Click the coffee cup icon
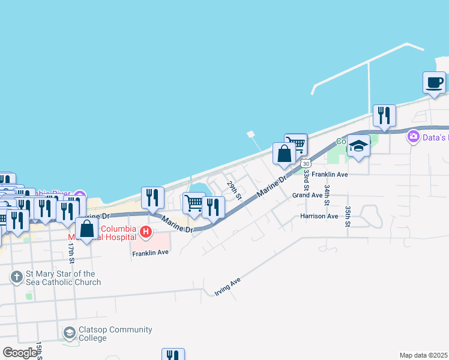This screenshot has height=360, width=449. click(x=434, y=83)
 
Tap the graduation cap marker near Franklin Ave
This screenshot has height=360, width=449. click(x=358, y=146)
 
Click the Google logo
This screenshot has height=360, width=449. click(x=20, y=353)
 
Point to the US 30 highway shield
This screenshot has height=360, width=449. click(x=306, y=163)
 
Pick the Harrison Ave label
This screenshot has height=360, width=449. click(x=319, y=216)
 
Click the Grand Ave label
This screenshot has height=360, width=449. click(x=307, y=195)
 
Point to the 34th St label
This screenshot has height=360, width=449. click(x=327, y=194)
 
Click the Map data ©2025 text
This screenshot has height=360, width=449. click(x=423, y=355)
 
